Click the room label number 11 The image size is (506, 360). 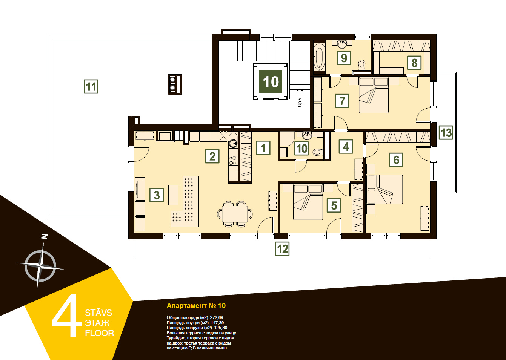[91, 86]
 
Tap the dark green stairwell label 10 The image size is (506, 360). [270, 81]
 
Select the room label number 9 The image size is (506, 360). [344, 58]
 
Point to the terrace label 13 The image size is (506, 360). [446, 132]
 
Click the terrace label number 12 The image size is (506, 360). [282, 249]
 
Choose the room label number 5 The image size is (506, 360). [334, 205]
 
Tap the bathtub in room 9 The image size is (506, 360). [319, 57]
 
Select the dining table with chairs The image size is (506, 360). [235, 213]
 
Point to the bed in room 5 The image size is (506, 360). [308, 202]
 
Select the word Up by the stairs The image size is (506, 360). [300, 104]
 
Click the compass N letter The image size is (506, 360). [45, 236]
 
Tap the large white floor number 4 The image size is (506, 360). [67, 315]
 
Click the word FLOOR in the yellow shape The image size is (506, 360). [99, 333]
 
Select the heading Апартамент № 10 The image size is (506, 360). [196, 306]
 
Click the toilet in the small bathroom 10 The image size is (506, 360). [318, 152]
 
